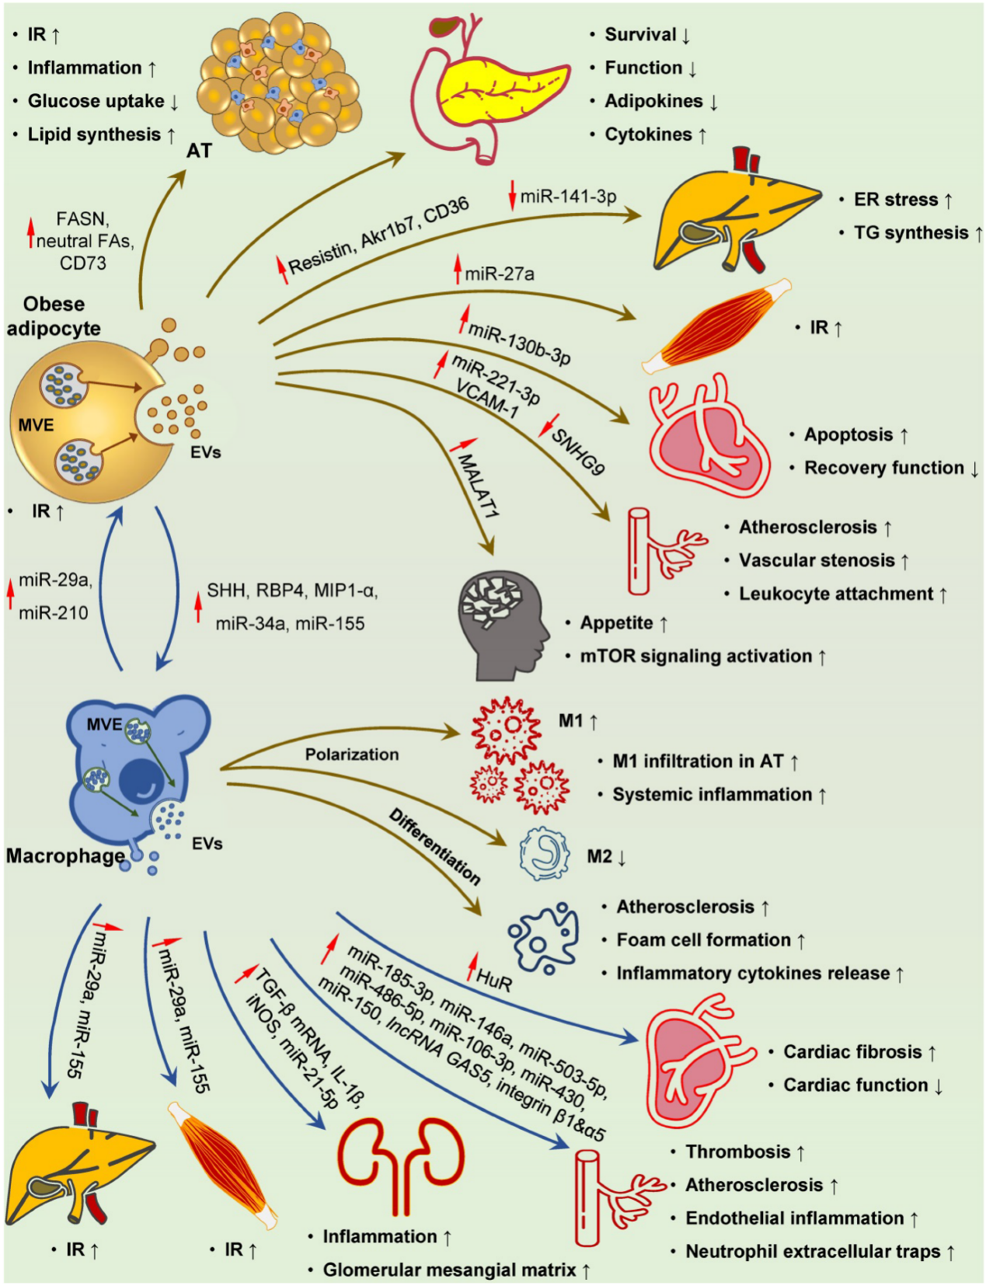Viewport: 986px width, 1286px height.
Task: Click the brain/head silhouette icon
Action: coord(503,627)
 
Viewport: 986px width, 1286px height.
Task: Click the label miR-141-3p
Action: coord(568,195)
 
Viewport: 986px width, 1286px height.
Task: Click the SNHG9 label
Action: coord(577,451)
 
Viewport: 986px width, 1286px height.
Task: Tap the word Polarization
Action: coord(352,755)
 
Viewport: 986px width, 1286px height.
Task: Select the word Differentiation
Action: coord(435,847)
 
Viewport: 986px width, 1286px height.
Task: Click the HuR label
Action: coord(494,983)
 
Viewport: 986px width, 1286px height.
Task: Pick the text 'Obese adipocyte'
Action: coord(54,316)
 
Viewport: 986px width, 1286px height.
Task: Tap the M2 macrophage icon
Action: coord(544,856)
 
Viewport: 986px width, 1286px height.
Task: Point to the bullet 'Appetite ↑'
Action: coord(618,623)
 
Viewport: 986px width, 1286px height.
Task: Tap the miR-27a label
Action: coord(499,274)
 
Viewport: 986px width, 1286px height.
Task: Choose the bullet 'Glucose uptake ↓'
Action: coord(96,101)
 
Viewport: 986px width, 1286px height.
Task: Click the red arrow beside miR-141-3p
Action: coord(512,195)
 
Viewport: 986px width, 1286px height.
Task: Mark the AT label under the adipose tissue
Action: coord(199,151)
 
